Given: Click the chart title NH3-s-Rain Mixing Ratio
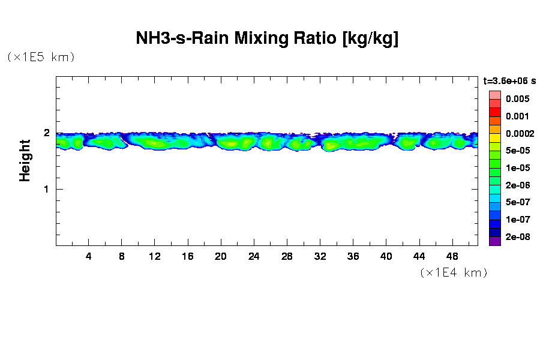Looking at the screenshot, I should [x=268, y=39].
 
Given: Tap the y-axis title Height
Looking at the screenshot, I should [x=25, y=160].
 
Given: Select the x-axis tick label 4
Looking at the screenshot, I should [x=89, y=256].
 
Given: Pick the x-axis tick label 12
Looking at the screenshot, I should [x=155, y=256].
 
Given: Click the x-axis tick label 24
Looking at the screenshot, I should [x=254, y=256].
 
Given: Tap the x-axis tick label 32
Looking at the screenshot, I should [x=320, y=256].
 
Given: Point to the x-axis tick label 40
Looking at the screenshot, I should [x=386, y=256].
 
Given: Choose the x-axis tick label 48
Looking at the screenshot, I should [x=452, y=256].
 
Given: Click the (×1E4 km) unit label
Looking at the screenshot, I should [x=453, y=272].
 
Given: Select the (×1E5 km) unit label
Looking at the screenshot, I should [x=41, y=57].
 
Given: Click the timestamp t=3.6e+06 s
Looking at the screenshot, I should [x=509, y=80].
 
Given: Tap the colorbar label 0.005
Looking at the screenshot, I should [x=517, y=99].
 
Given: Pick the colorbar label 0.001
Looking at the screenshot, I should [x=517, y=116].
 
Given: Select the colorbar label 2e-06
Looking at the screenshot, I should [x=517, y=185].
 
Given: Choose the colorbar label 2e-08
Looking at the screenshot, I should [x=517, y=237].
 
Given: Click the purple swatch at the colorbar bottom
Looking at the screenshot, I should [x=494, y=241].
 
